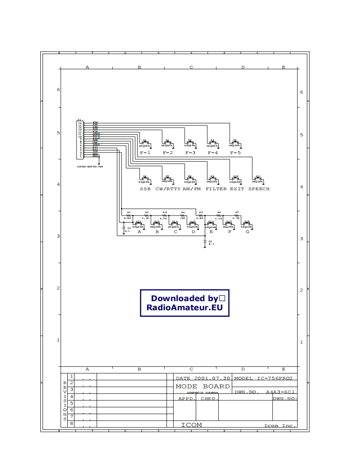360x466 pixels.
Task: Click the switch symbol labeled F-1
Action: click(x=145, y=144)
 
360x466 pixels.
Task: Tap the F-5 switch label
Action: click(x=236, y=153)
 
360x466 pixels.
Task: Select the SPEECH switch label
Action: click(x=259, y=189)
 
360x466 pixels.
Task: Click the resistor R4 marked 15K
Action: click(x=183, y=215)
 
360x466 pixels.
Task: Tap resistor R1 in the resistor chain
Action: click(x=129, y=215)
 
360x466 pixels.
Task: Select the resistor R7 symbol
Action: click(x=237, y=215)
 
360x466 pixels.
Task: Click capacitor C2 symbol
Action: click(x=205, y=241)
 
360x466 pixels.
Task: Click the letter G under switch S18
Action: click(x=247, y=232)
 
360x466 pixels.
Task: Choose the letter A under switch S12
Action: click(x=139, y=232)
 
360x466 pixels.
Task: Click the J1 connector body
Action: click(x=80, y=140)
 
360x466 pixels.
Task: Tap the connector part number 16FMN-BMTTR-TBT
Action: click(x=89, y=166)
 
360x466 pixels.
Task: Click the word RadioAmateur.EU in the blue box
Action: click(x=185, y=308)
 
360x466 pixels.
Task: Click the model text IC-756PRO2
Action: click(x=275, y=378)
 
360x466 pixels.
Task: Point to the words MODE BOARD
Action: click(x=202, y=386)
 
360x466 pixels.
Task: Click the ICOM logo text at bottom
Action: click(x=191, y=425)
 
